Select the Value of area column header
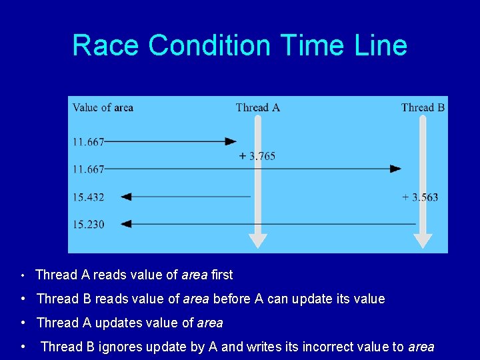pos(103,107)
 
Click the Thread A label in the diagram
pos(257,107)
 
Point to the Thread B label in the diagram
pos(423,107)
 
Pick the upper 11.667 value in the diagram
pos(88,141)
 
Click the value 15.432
pos(88,197)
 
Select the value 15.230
pos(88,225)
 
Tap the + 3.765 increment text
pos(257,156)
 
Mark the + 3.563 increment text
pos(420,197)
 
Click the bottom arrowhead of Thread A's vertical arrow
pos(257,241)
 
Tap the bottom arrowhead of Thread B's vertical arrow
pos(423,241)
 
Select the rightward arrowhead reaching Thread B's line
pos(395,169)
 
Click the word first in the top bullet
pos(221,275)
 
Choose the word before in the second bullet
pos(235,299)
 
